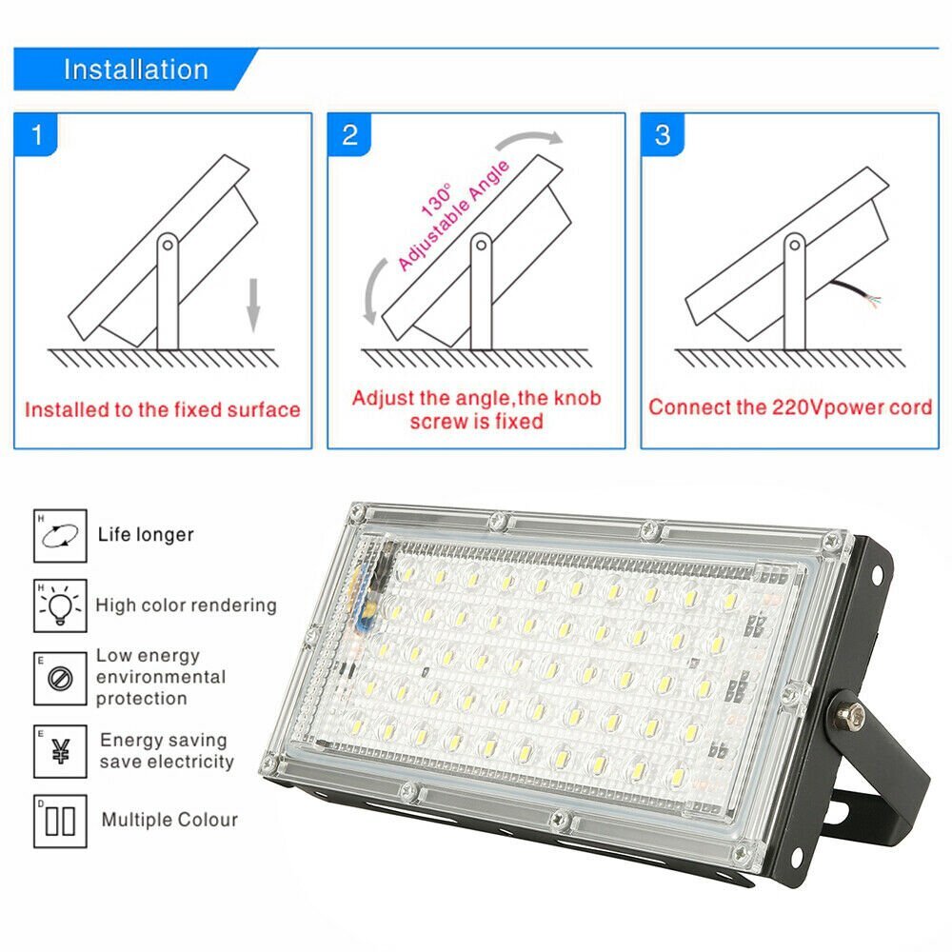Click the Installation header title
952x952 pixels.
tap(135, 69)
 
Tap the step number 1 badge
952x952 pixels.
tap(37, 134)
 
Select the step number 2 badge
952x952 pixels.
tap(349, 134)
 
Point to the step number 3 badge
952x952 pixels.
tap(663, 134)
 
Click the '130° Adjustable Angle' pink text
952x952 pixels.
tap(447, 215)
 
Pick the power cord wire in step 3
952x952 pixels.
tap(853, 291)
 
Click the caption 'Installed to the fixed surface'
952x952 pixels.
tap(163, 410)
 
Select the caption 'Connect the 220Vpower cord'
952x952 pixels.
tap(790, 407)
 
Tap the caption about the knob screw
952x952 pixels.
tap(476, 408)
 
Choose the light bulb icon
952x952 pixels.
tap(60, 605)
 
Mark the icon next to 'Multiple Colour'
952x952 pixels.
tap(60, 821)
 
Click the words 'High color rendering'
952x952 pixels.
tap(186, 605)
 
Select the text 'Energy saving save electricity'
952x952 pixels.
tap(167, 751)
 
